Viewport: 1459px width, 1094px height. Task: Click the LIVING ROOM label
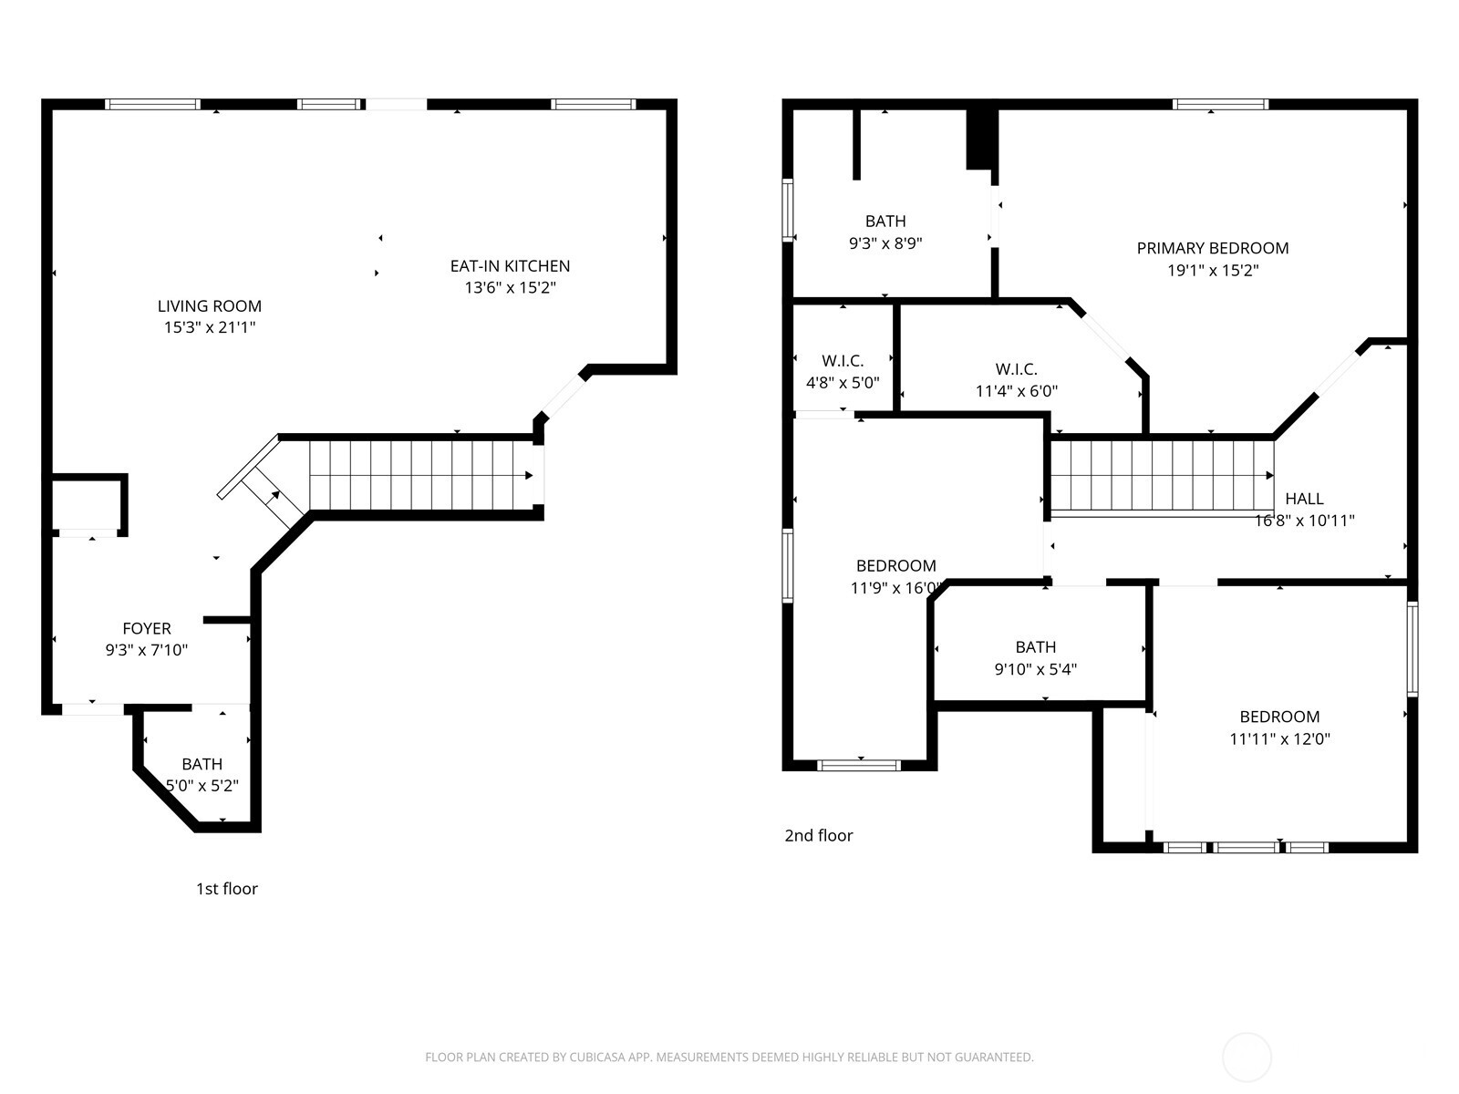point(210,306)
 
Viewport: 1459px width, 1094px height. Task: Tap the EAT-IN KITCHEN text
point(510,266)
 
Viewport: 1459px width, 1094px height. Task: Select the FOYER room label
point(147,628)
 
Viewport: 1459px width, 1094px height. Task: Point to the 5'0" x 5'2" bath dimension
point(202,786)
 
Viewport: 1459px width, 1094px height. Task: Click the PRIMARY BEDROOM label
point(1212,248)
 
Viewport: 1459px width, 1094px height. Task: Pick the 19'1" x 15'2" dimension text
point(1212,271)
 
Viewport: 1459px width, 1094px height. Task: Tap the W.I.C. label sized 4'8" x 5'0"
point(843,361)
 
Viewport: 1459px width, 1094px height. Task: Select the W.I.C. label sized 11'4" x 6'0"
point(1016,369)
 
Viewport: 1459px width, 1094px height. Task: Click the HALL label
point(1304,499)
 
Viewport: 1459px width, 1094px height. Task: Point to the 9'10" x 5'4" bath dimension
point(1035,669)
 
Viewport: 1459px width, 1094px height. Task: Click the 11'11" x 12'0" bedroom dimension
point(1279,739)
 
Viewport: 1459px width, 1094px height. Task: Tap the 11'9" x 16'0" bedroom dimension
point(895,588)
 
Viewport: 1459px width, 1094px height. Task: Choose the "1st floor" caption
point(227,889)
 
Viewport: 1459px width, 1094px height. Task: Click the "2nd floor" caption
point(819,836)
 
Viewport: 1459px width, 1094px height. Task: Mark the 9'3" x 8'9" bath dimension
point(885,243)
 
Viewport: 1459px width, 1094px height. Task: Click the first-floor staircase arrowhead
point(529,476)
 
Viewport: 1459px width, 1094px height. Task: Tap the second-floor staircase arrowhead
point(1270,476)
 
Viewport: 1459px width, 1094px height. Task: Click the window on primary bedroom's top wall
point(1220,105)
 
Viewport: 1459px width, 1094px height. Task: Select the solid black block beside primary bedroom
point(980,139)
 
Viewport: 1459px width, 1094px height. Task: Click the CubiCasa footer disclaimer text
point(729,1058)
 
